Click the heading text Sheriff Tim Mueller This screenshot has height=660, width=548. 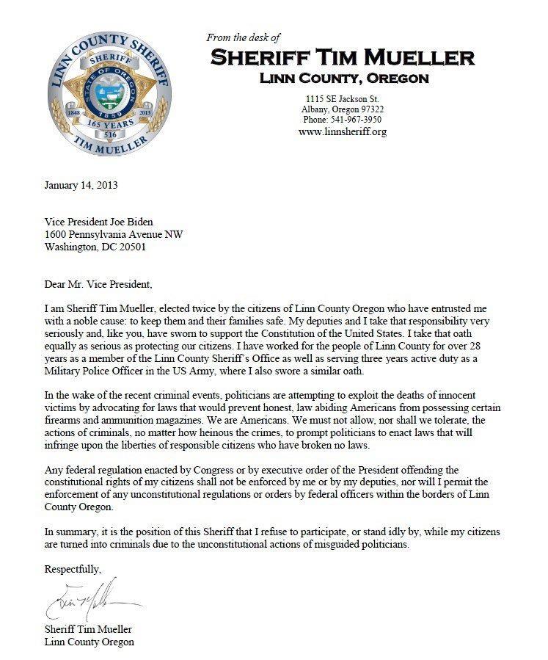tap(343, 57)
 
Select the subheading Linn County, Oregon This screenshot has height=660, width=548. tap(343, 78)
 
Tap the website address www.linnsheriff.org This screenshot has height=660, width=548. tap(342, 131)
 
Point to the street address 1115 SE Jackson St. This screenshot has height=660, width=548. tap(343, 99)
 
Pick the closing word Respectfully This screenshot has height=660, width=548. tap(73, 569)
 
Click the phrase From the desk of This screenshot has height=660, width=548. tap(244, 37)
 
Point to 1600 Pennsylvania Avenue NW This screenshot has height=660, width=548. tap(114, 235)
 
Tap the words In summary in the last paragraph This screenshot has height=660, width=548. tap(71, 531)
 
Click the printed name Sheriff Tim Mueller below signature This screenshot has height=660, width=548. tap(89, 629)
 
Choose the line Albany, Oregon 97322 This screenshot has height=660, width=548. tap(343, 109)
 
